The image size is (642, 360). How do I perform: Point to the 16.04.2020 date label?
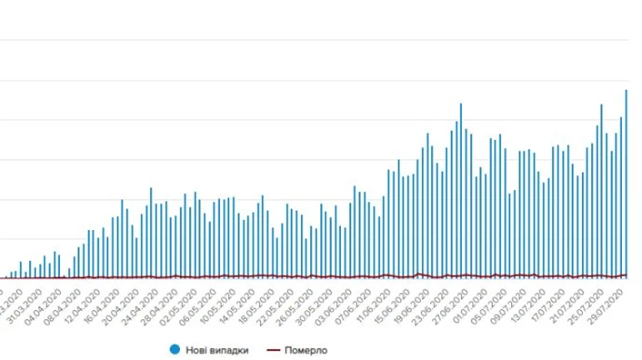point(109,303)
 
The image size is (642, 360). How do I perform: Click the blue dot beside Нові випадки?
point(174,350)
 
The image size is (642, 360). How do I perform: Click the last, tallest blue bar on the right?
point(626,183)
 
